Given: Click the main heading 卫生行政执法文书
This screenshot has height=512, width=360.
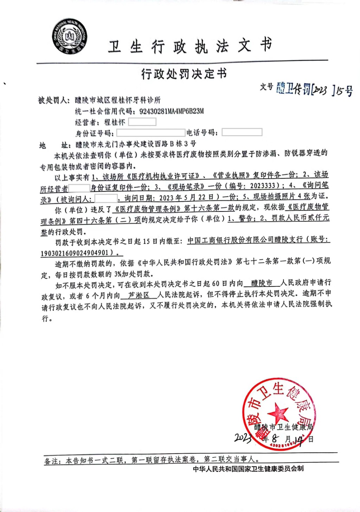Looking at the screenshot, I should click(x=190, y=46).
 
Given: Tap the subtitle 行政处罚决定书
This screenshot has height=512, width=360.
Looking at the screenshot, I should click(x=184, y=74).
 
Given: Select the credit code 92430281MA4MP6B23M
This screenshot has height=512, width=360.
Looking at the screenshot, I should click(x=172, y=111).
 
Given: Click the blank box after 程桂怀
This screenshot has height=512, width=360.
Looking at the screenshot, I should click(x=142, y=122).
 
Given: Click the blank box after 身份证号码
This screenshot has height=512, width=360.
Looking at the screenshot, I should click(x=150, y=133).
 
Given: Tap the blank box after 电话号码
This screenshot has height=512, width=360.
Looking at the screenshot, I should click(x=242, y=132).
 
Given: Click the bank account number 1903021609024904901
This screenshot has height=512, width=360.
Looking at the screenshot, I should click(x=75, y=253).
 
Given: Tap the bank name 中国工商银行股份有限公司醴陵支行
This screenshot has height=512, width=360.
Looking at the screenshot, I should click(x=245, y=240).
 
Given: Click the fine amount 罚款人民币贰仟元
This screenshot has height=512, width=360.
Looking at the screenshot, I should click(x=300, y=218).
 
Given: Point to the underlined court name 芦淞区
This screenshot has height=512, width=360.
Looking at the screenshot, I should click(x=139, y=295).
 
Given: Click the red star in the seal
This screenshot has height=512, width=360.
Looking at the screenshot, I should click(x=278, y=412).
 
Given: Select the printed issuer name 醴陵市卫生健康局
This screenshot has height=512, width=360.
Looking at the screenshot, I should click(x=283, y=427).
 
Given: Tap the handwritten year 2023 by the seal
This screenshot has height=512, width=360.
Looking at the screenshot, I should click(x=243, y=438).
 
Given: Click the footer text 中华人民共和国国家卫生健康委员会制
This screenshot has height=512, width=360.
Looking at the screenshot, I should click(x=248, y=469).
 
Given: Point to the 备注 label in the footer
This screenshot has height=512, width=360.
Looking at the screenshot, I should click(x=52, y=461).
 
